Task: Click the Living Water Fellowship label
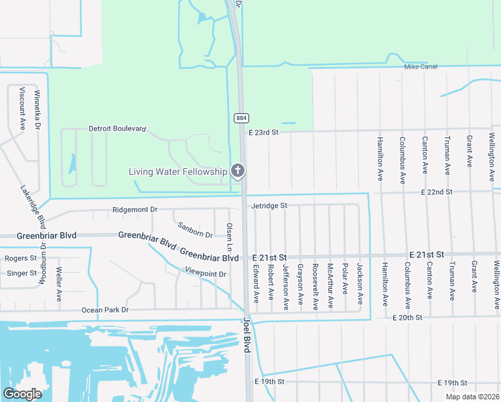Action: click(177, 172)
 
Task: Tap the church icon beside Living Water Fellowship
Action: click(237, 172)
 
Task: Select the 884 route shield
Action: click(241, 118)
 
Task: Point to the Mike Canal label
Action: click(421, 67)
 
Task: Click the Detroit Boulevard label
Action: click(117, 129)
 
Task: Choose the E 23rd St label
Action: click(263, 133)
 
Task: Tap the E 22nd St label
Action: click(437, 192)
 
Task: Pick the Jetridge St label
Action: click(269, 206)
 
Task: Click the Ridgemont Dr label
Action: click(135, 210)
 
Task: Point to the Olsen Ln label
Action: click(229, 237)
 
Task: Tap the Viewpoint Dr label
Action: click(206, 274)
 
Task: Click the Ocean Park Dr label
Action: click(104, 310)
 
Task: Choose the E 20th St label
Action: click(409, 317)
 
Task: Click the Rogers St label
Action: click(21, 258)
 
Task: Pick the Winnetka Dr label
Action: click(38, 110)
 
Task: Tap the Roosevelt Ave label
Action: click(314, 285)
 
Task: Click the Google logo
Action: click(22, 393)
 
